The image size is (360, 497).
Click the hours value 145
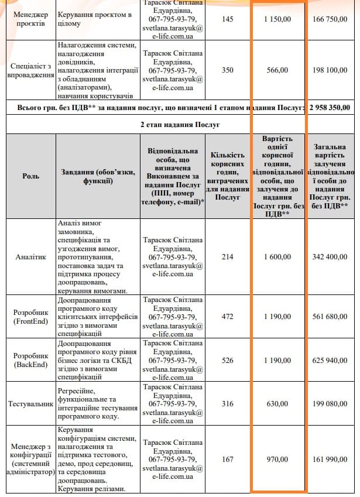[228, 19]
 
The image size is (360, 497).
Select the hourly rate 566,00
[277, 70]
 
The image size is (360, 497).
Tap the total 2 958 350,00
[331, 108]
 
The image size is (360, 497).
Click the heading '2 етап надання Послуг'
[180, 125]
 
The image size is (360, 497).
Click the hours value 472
[228, 317]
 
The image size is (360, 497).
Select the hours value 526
[228, 360]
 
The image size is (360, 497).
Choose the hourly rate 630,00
[277, 404]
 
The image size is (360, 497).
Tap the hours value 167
[228, 460]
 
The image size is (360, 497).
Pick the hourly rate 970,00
[277, 460]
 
